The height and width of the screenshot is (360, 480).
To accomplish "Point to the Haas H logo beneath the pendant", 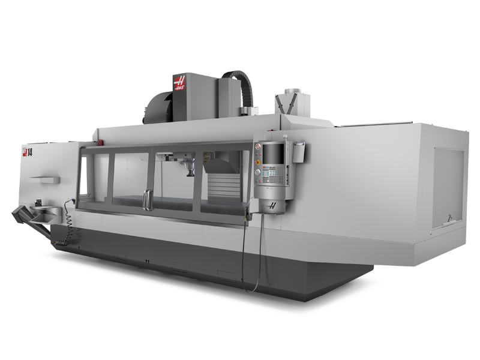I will point(274,205).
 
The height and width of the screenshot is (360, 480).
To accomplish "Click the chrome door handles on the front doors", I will point(146,200).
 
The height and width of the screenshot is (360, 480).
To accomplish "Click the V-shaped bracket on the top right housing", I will point(286,103).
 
